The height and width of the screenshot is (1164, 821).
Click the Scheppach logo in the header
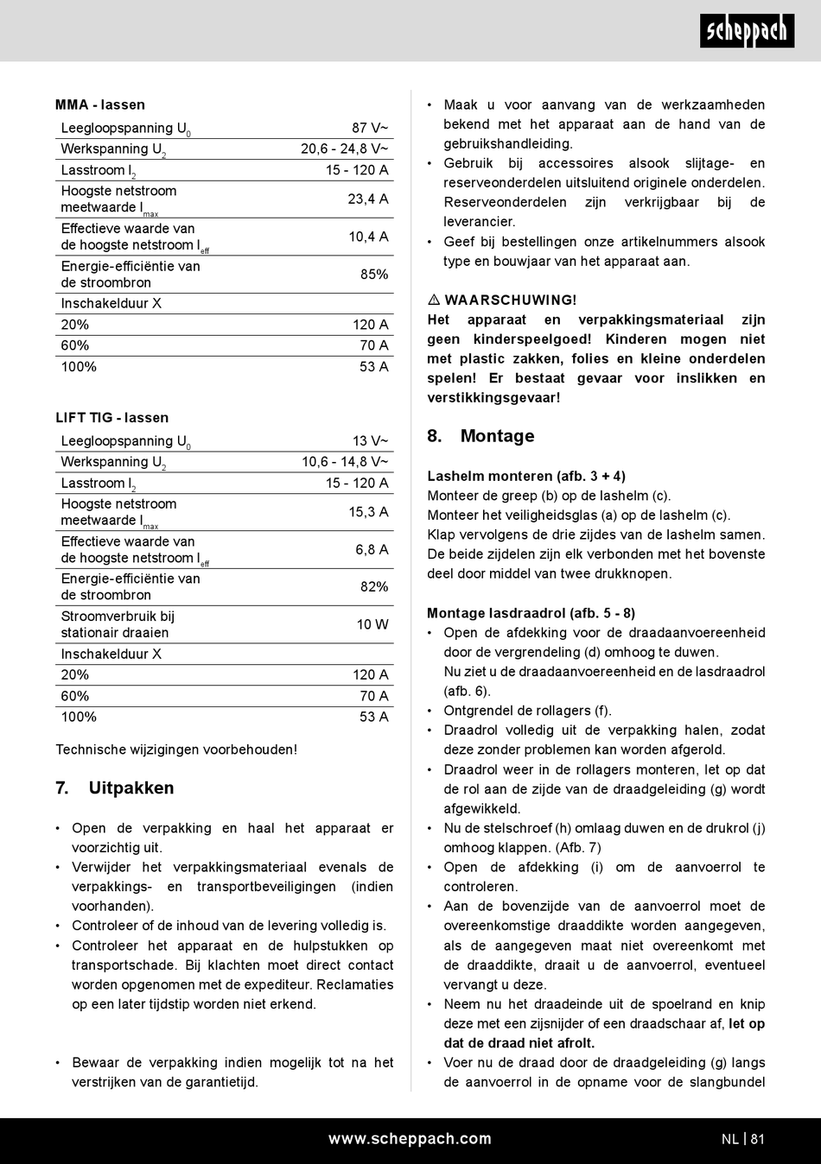tap(747, 32)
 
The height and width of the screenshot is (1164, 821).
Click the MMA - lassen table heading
tap(100, 104)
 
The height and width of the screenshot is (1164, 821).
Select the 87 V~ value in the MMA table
tap(370, 128)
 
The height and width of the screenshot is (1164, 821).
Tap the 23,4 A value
tap(368, 199)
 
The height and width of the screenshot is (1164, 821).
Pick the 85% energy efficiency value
tap(374, 274)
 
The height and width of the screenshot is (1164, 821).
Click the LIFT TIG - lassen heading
tap(112, 417)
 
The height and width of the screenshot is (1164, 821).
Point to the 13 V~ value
tap(370, 440)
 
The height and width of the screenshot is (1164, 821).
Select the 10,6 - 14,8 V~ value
tap(345, 462)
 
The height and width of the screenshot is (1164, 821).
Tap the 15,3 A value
tap(368, 512)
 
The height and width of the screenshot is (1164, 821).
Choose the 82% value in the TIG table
tap(374, 586)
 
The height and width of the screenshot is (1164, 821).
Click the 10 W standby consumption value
tap(372, 624)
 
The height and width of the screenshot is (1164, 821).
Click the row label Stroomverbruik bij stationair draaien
tap(118, 624)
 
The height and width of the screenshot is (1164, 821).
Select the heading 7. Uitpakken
tap(114, 788)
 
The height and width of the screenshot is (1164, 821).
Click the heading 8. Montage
tap(481, 436)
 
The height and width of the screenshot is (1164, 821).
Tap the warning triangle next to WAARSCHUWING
tap(434, 300)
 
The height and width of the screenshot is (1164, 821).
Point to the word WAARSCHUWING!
tap(511, 300)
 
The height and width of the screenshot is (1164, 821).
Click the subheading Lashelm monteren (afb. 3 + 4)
tap(526, 476)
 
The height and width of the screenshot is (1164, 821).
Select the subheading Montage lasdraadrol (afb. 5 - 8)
tap(531, 613)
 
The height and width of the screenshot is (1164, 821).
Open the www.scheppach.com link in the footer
tap(410, 1139)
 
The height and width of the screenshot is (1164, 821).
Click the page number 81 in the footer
tap(758, 1139)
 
